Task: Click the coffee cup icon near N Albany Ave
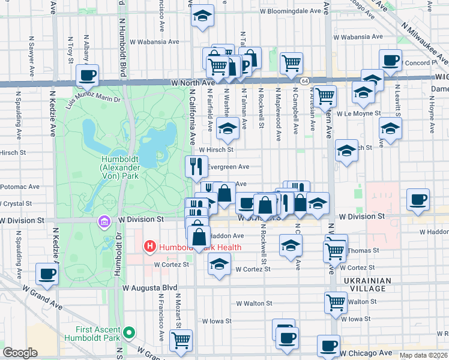click(x=88, y=76)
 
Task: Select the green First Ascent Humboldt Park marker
click(x=128, y=332)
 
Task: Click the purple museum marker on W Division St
click(x=103, y=223)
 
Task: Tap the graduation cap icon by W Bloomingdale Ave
click(x=203, y=16)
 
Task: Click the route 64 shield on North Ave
click(x=306, y=80)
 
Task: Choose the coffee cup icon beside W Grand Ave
click(x=47, y=274)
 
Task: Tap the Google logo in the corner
click(x=20, y=353)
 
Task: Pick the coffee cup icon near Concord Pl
click(x=390, y=61)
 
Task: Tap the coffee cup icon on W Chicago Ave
click(x=328, y=346)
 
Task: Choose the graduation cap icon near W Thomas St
click(x=291, y=245)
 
